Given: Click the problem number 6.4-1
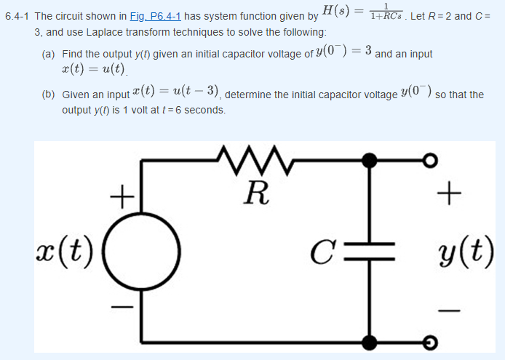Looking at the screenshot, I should coord(17,16).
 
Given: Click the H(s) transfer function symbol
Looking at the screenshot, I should coord(339,12).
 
